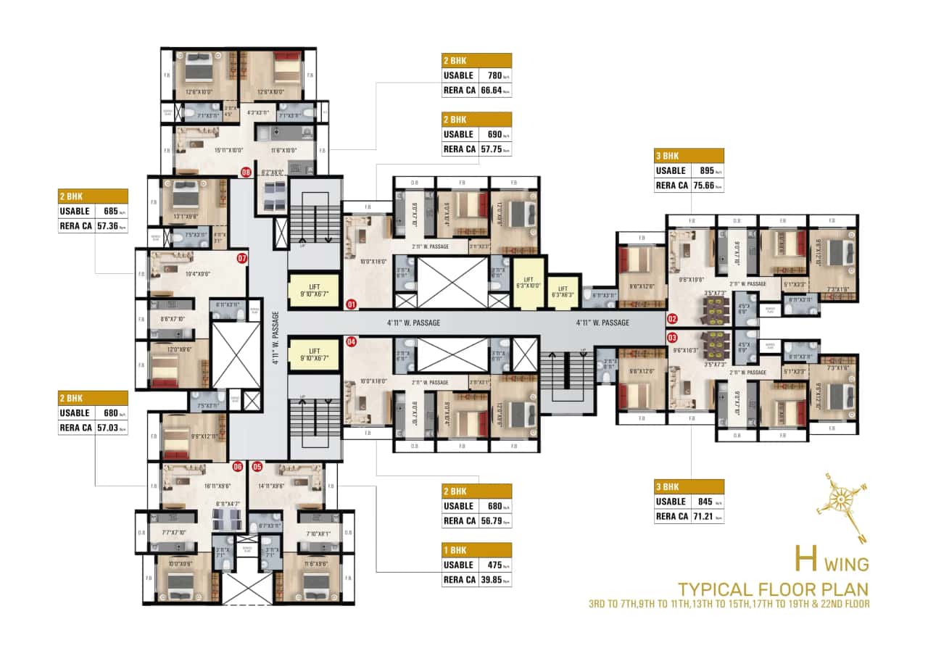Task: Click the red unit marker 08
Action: click(x=246, y=173)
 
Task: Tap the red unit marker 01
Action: click(x=352, y=304)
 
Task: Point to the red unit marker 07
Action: click(x=242, y=257)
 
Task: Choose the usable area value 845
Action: click(x=700, y=502)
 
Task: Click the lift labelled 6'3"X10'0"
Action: click(x=528, y=283)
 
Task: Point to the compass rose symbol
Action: click(x=840, y=499)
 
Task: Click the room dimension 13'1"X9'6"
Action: click(x=186, y=215)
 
